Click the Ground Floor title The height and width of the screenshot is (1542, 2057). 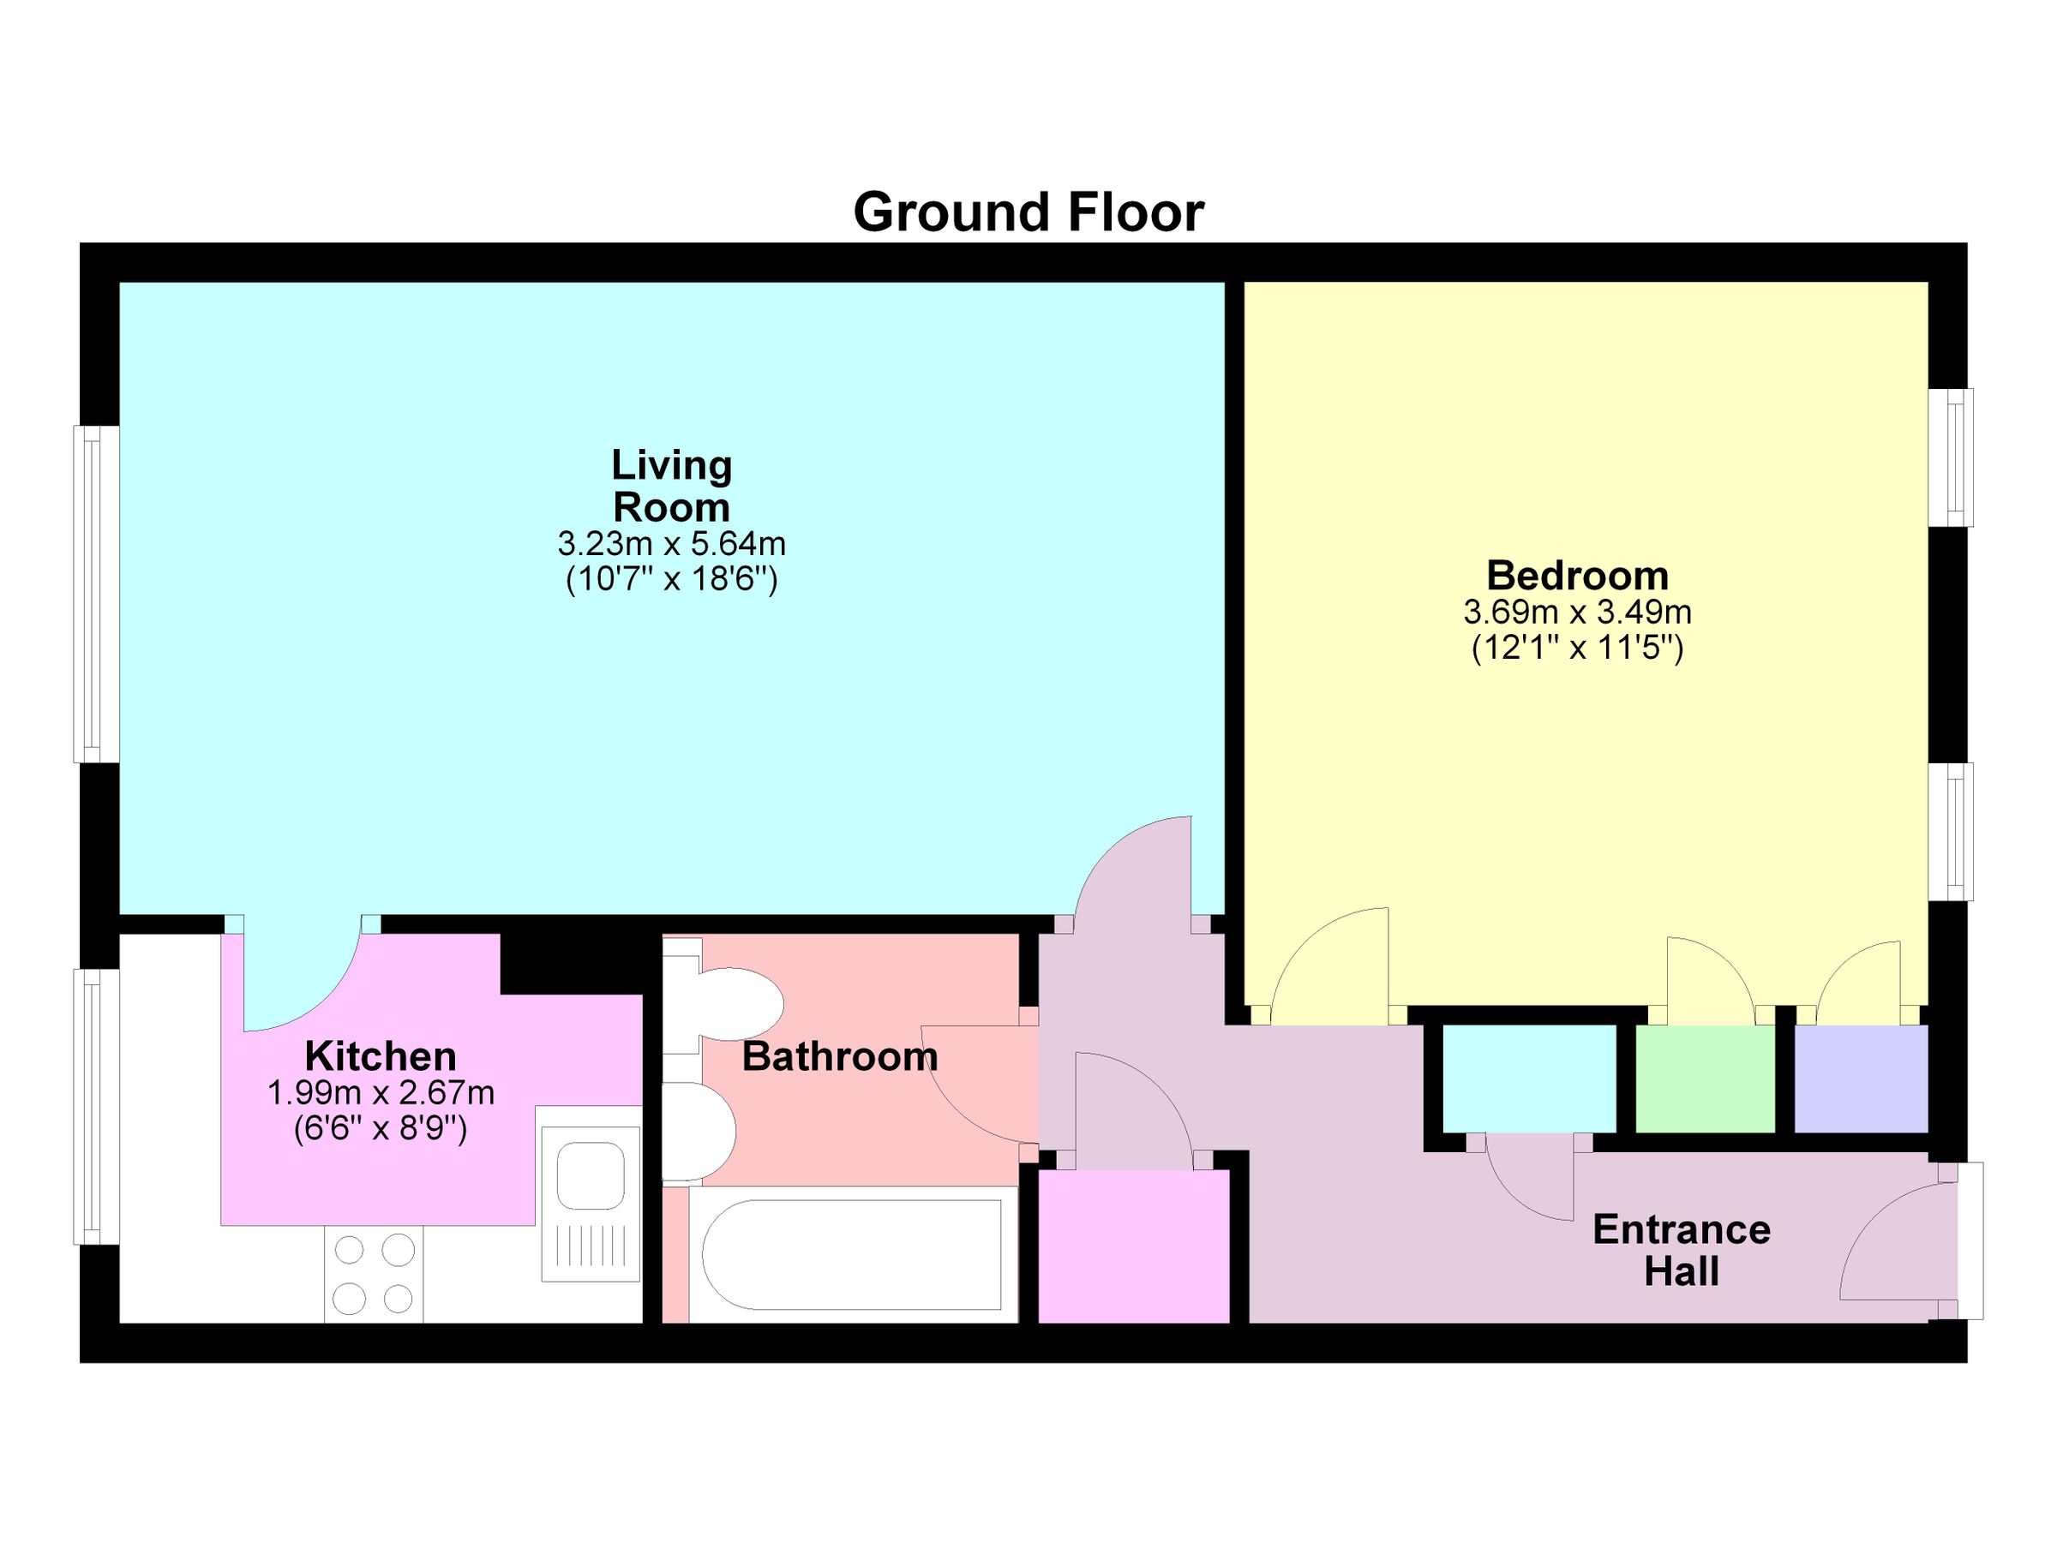1028,212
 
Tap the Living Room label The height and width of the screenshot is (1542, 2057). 671,486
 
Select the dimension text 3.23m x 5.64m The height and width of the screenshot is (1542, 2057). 671,543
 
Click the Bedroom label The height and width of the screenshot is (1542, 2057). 1577,576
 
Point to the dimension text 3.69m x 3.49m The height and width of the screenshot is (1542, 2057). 1577,613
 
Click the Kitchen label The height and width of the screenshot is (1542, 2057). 381,1057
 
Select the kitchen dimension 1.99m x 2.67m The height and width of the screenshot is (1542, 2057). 381,1093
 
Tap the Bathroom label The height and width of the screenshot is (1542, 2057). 839,1057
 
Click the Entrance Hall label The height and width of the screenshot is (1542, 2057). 1682,1250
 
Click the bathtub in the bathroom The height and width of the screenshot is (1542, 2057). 851,1255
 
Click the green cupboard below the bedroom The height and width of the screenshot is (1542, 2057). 1705,1079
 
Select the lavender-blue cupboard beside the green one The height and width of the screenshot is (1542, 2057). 1860,1079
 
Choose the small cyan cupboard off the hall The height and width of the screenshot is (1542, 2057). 1529,1079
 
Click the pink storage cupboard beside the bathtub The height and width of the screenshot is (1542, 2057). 1133,1246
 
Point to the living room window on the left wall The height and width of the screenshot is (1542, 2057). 96,595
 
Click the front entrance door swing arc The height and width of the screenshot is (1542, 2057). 1888,1240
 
